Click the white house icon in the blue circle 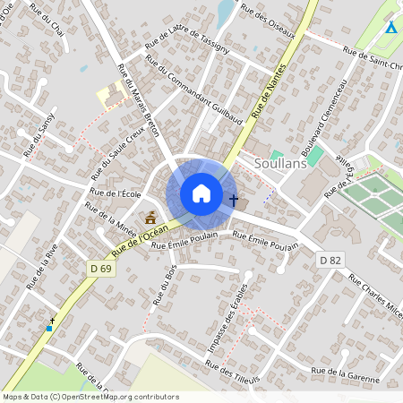point(201,193)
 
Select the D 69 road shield point(100,267)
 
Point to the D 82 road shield point(330,259)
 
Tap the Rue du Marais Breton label point(138,99)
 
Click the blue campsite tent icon point(390,27)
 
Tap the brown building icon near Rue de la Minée point(150,217)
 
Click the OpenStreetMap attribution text point(90,396)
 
